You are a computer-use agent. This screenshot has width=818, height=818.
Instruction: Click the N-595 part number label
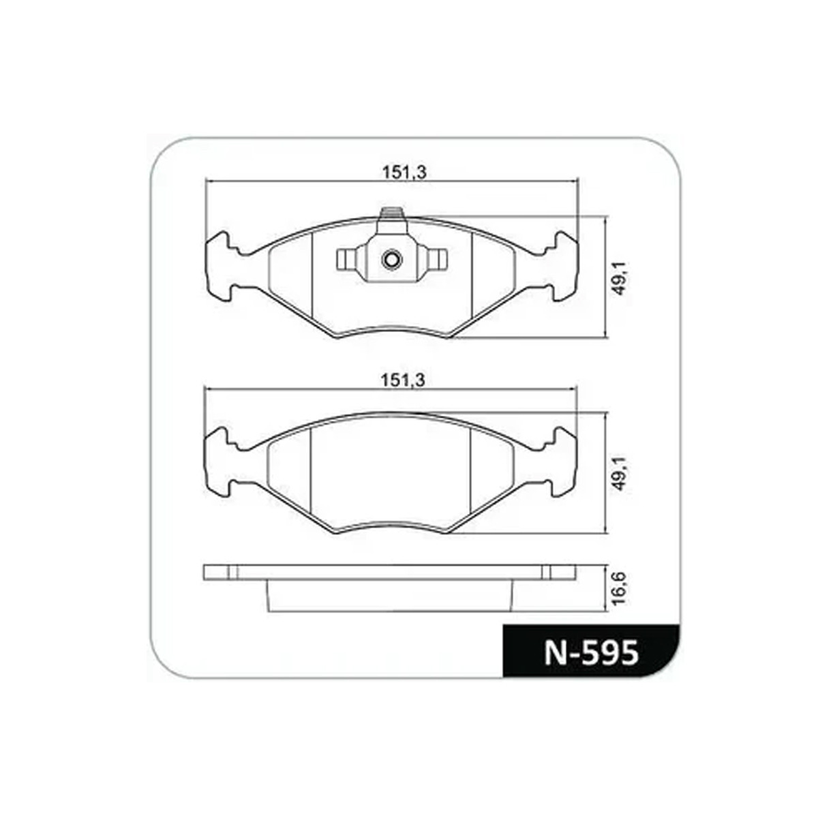[x=591, y=652]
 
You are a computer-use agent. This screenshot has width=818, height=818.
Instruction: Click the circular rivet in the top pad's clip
[x=391, y=259]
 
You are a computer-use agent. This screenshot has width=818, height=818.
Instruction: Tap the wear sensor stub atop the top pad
[x=391, y=213]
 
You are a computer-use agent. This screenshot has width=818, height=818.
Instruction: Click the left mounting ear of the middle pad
[x=219, y=462]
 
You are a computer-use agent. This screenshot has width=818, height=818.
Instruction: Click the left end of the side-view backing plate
[x=218, y=572]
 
